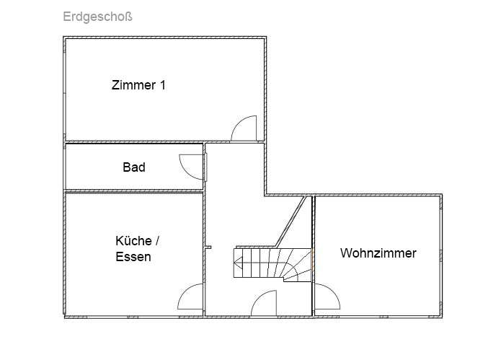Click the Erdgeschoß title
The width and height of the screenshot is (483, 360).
click(97, 16)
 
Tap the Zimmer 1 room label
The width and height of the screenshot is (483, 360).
click(138, 85)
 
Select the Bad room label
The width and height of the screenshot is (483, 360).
click(134, 167)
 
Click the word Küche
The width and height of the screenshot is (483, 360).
click(133, 240)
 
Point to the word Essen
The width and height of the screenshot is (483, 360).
click(133, 256)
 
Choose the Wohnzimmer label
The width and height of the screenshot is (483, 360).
click(378, 253)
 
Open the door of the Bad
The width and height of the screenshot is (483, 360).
click(192, 167)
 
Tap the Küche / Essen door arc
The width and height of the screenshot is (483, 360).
click(191, 297)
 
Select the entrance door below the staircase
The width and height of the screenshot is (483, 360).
click(265, 303)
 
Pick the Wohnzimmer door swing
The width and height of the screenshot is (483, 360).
click(327, 297)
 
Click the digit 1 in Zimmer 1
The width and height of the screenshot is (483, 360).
click(163, 85)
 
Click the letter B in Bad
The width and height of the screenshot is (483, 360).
click(127, 167)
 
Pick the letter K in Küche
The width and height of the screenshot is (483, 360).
click(120, 240)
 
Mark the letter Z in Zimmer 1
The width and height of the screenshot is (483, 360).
click(115, 85)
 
